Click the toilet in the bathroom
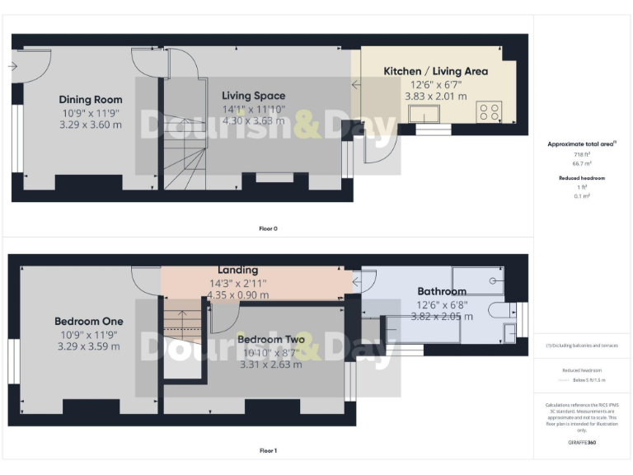click(x=496, y=311)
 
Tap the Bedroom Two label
click(x=270, y=339)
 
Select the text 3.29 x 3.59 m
click(x=88, y=346)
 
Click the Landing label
click(x=237, y=270)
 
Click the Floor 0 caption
click(x=268, y=228)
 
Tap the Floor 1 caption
click(x=268, y=451)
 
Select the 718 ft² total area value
click(x=582, y=154)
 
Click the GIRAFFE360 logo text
click(x=582, y=443)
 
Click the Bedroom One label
click(x=88, y=321)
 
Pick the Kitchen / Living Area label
click(x=435, y=71)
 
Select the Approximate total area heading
click(x=582, y=143)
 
